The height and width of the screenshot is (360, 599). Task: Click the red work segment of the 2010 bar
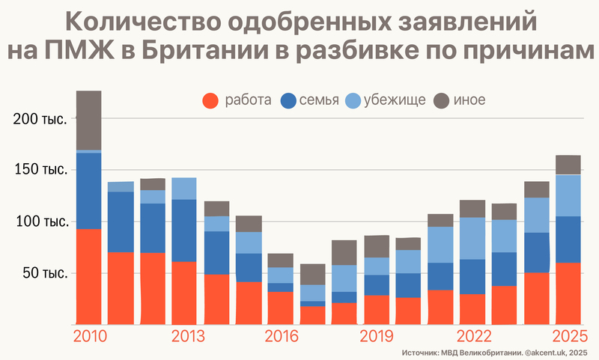89,277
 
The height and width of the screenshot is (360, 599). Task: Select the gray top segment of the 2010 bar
89,120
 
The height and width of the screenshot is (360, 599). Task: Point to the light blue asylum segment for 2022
472,238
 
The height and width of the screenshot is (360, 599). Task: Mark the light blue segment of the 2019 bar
377,266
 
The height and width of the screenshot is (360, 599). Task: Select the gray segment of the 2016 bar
280,260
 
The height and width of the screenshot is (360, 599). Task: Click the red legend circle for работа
212,100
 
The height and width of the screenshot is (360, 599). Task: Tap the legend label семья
319,100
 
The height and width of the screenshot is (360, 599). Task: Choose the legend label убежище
395,100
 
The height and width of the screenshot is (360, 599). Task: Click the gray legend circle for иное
443,100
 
